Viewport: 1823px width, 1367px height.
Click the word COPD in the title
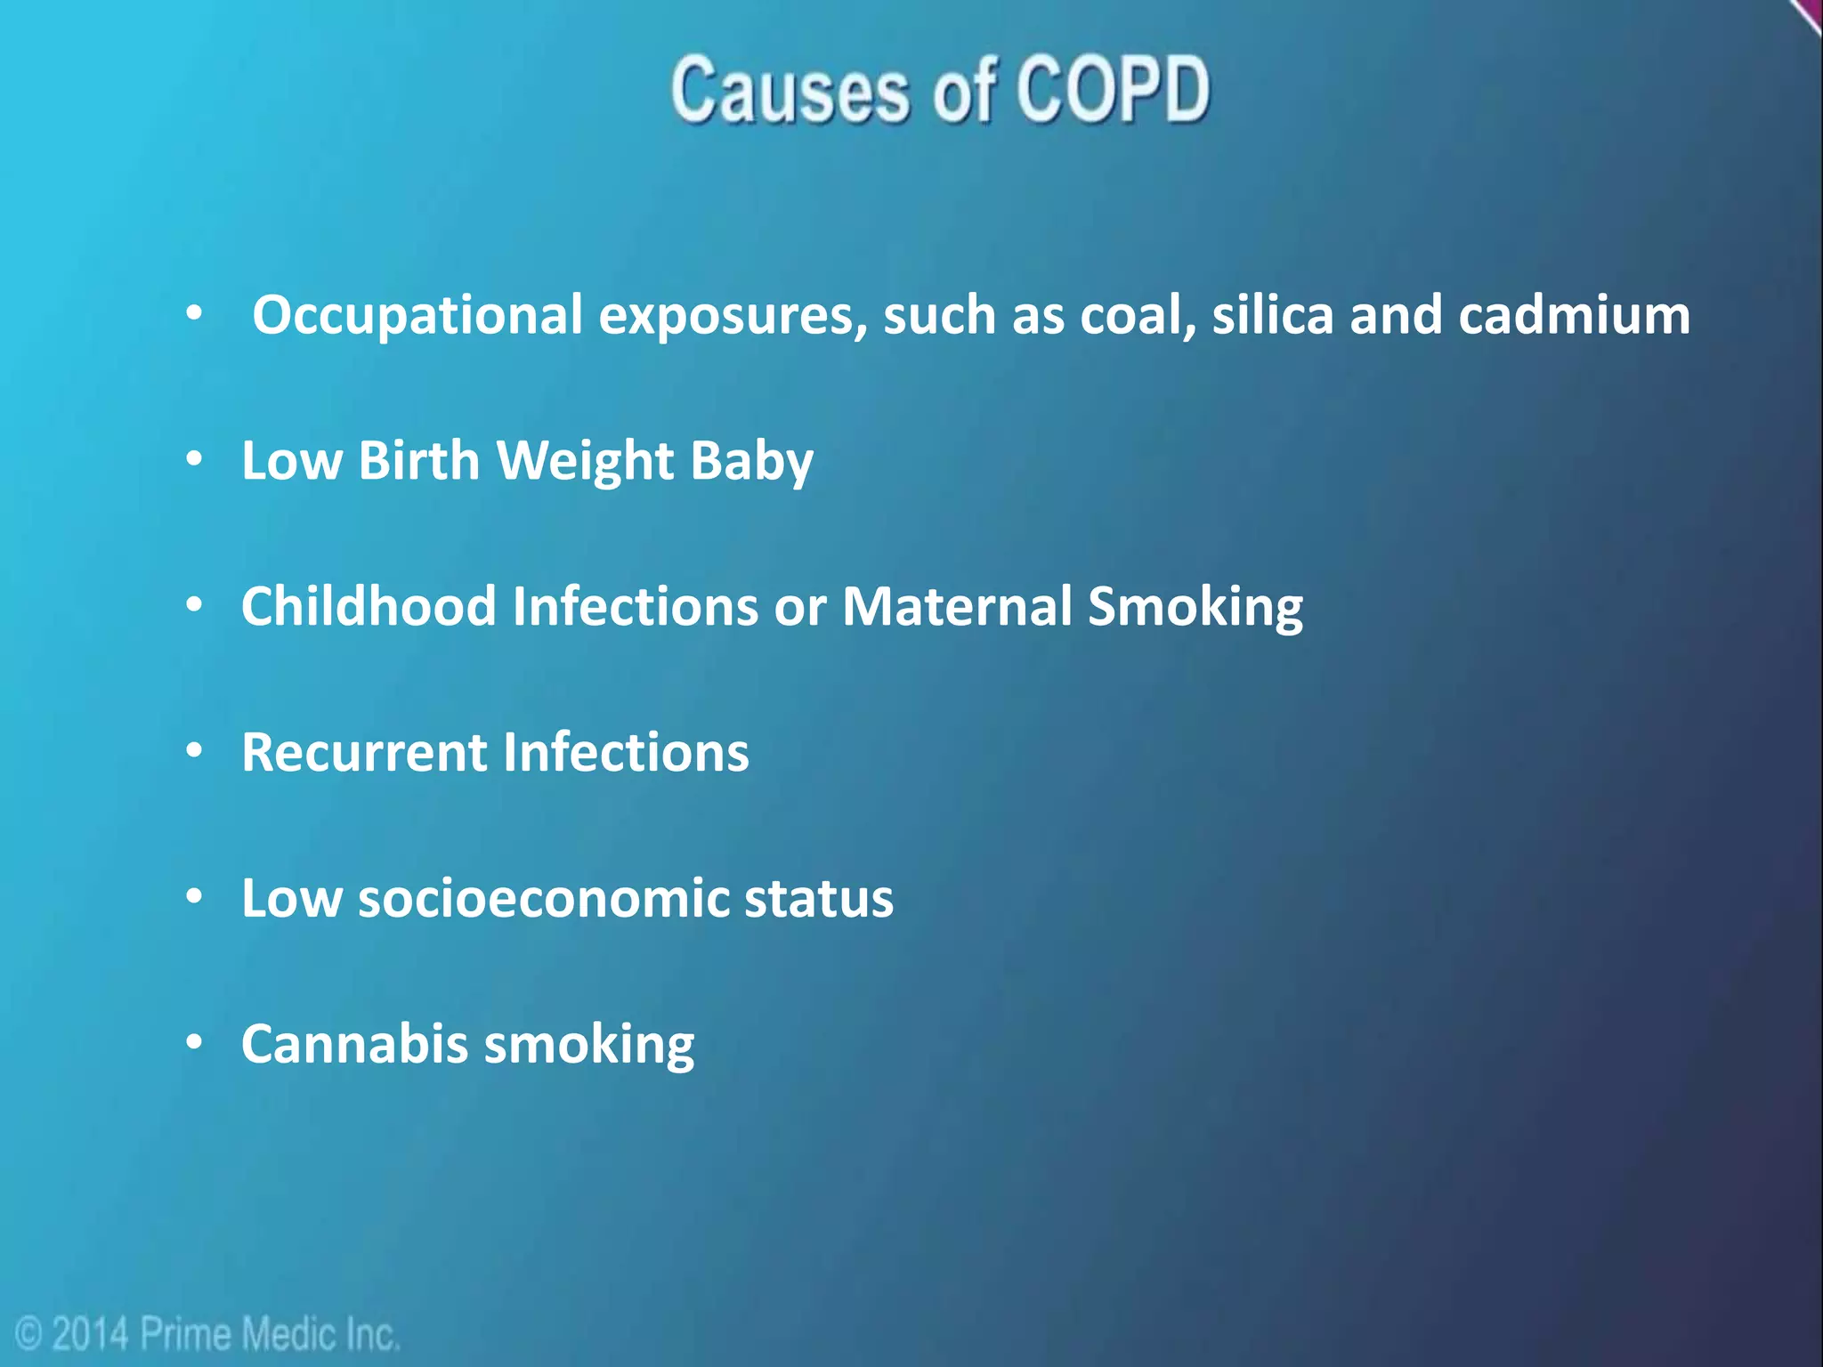point(1113,89)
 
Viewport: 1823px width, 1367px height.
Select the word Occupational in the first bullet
point(417,315)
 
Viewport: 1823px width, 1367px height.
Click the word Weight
point(585,461)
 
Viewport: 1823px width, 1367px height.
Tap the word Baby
point(751,461)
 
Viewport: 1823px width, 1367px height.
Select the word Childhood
point(369,607)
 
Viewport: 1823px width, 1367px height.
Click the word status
point(819,898)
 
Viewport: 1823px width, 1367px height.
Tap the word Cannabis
point(354,1044)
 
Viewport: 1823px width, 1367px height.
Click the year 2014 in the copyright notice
point(90,1334)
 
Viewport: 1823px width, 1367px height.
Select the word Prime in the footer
point(185,1334)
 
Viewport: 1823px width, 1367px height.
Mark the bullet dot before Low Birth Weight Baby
point(195,460)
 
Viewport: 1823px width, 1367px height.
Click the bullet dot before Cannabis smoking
point(195,1042)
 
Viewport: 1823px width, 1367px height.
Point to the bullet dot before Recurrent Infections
point(195,751)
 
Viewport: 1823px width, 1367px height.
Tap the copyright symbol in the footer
point(29,1335)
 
